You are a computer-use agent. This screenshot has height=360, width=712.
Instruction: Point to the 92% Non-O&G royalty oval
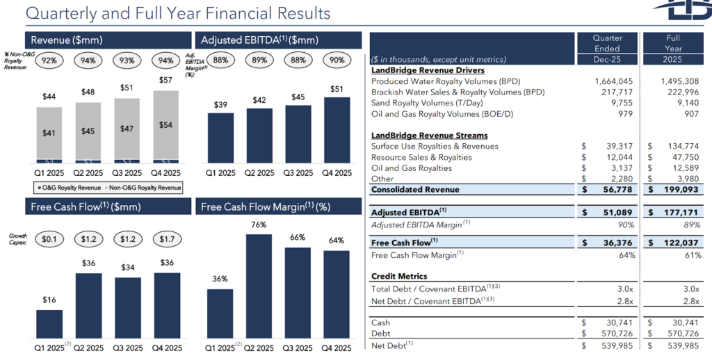tap(49, 60)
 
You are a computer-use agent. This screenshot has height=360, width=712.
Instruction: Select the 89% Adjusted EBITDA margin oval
tap(259, 60)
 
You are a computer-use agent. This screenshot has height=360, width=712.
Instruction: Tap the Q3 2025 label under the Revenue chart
tap(127, 173)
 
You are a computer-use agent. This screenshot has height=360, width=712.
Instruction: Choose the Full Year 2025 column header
tap(672, 44)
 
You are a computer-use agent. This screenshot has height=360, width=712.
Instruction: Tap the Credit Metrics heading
tap(398, 276)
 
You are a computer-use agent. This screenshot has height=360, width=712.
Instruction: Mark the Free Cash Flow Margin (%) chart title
tap(265, 206)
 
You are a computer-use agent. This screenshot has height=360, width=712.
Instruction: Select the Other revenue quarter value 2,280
tap(620, 178)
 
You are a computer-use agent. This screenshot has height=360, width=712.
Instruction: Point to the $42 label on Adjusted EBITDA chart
tap(259, 100)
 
